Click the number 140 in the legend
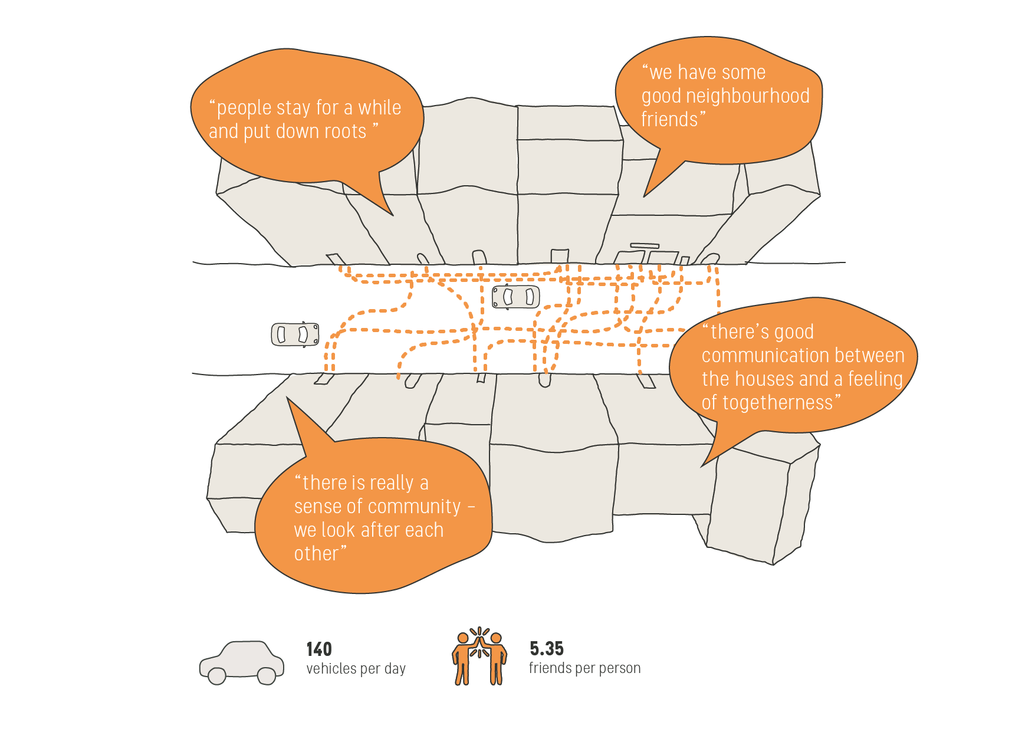pyautogui.click(x=319, y=649)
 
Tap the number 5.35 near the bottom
pyautogui.click(x=546, y=649)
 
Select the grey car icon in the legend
pyautogui.click(x=241, y=662)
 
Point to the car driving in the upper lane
pyautogui.click(x=515, y=297)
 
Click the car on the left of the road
pyautogui.click(x=295, y=334)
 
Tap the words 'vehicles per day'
pyautogui.click(x=356, y=669)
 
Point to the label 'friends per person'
pyautogui.click(x=584, y=668)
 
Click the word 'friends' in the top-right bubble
pyautogui.click(x=669, y=120)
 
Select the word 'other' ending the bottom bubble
pyautogui.click(x=317, y=554)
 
